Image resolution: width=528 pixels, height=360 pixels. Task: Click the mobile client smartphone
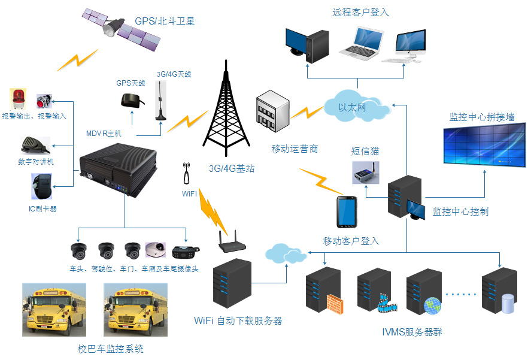[347, 212]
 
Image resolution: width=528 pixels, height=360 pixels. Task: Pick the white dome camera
[157, 249]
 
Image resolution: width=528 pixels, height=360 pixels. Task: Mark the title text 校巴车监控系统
[111, 349]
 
